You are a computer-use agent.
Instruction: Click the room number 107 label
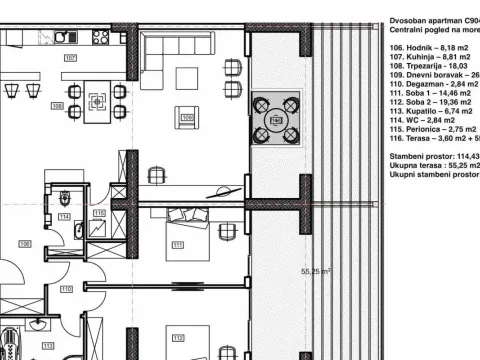[70, 59]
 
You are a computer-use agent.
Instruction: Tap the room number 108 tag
[57, 104]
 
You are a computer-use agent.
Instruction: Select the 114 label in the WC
[64, 216]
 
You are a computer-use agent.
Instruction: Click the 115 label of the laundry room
[99, 213]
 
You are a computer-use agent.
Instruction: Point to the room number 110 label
[66, 289]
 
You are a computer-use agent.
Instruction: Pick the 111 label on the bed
[178, 244]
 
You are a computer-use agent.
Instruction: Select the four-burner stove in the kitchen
[101, 38]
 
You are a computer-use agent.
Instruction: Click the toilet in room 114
[63, 197]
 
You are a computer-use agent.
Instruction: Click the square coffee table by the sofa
[188, 77]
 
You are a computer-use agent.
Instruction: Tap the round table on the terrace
[277, 121]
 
